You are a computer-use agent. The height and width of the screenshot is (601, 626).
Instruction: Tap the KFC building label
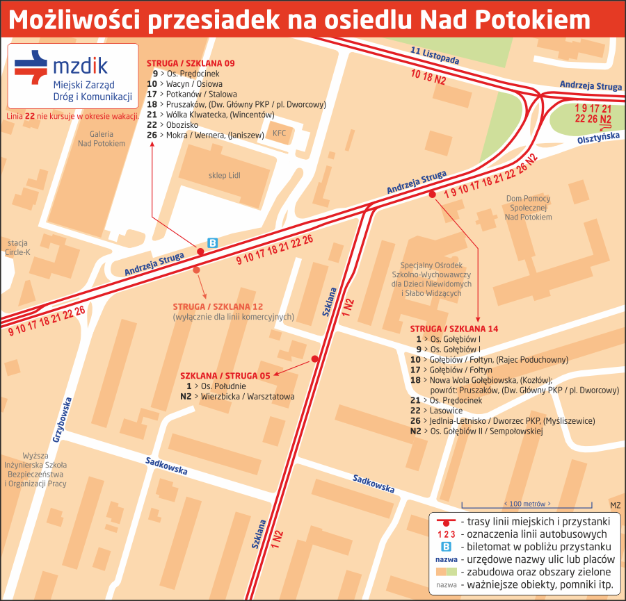pos(279,133)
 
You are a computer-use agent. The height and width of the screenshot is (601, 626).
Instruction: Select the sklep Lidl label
pos(224,175)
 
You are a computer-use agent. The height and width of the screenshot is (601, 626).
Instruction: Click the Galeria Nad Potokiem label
pos(102,138)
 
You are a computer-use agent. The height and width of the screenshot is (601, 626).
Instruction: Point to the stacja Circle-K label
pos(18,247)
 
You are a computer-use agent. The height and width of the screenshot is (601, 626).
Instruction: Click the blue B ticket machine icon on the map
pos(214,242)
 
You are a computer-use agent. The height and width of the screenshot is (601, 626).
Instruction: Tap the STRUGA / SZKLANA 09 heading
pos(191,63)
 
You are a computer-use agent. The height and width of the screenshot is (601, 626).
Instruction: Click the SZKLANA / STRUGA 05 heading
pos(225,375)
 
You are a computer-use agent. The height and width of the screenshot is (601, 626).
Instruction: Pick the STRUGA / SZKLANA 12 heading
pos(218,306)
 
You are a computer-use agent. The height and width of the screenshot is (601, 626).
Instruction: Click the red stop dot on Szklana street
pos(314,359)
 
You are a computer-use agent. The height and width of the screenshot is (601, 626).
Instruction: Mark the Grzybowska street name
pos(62,420)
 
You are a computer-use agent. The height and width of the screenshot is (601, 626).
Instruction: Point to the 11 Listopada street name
pos(435,55)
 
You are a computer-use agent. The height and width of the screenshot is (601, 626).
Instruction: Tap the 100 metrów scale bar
pos(527,504)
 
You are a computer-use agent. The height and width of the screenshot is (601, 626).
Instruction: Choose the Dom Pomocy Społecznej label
pos(529,208)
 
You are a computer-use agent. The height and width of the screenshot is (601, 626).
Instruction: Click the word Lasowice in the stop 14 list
pos(447,411)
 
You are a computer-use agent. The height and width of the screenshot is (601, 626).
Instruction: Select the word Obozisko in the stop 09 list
pos(183,124)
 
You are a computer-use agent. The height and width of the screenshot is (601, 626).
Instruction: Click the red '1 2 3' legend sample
pos(446,534)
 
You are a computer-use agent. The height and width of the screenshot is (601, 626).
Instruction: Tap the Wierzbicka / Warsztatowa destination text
pos(248,397)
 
